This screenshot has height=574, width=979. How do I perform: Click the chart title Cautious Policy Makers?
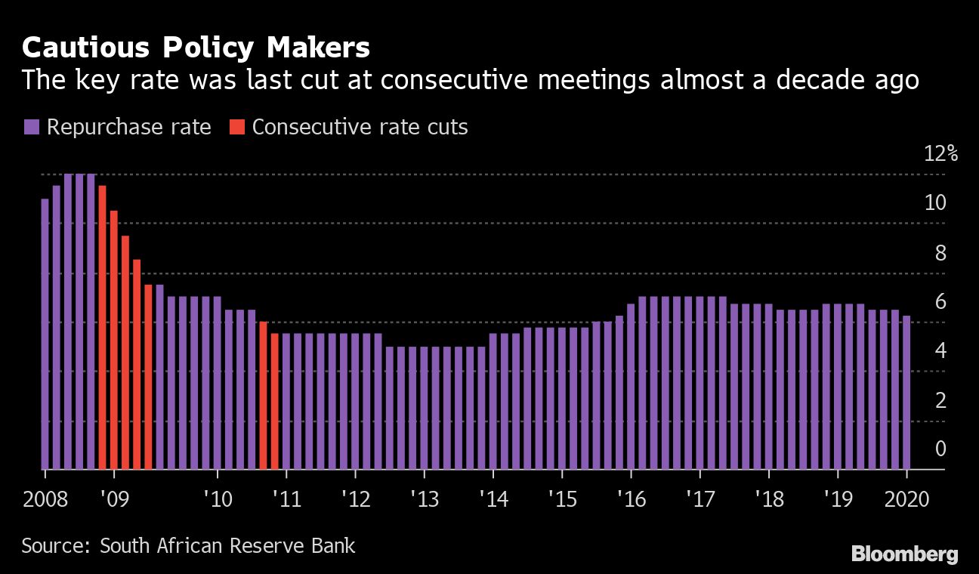pyautogui.click(x=196, y=48)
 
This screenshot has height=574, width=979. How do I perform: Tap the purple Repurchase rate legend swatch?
pyautogui.click(x=32, y=127)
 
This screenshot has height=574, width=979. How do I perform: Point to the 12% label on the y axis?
pyautogui.click(x=940, y=154)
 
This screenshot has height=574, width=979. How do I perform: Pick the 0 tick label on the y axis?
pyautogui.click(x=940, y=449)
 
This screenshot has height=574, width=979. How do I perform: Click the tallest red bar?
pyautogui.click(x=102, y=327)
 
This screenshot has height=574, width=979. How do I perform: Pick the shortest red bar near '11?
pyautogui.click(x=275, y=401)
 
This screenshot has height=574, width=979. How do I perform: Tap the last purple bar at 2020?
pyautogui.click(x=906, y=392)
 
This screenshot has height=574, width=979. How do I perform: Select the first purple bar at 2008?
pyautogui.click(x=45, y=333)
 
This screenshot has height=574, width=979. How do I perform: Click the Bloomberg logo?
pyautogui.click(x=904, y=554)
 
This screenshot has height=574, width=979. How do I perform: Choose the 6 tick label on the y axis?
pyautogui.click(x=940, y=302)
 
